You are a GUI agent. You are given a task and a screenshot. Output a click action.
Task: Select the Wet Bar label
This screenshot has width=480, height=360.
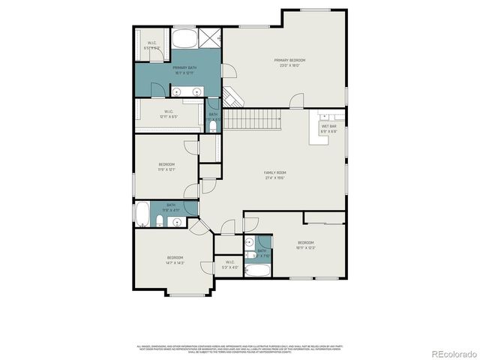click(329, 128)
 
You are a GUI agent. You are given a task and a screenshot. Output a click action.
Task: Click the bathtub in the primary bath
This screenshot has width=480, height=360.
click(184, 38)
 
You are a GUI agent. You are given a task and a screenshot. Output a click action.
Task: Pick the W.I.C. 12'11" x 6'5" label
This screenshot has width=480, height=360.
click(169, 115)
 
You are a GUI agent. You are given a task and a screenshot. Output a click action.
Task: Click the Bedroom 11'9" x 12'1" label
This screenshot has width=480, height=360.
click(166, 166)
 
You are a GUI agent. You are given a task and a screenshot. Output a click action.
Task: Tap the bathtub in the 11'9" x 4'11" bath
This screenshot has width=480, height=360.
click(142, 213)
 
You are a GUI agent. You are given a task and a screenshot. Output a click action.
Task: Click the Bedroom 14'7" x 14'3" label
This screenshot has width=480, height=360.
click(175, 260)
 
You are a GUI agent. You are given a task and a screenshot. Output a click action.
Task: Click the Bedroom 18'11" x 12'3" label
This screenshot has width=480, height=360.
click(305, 244)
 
